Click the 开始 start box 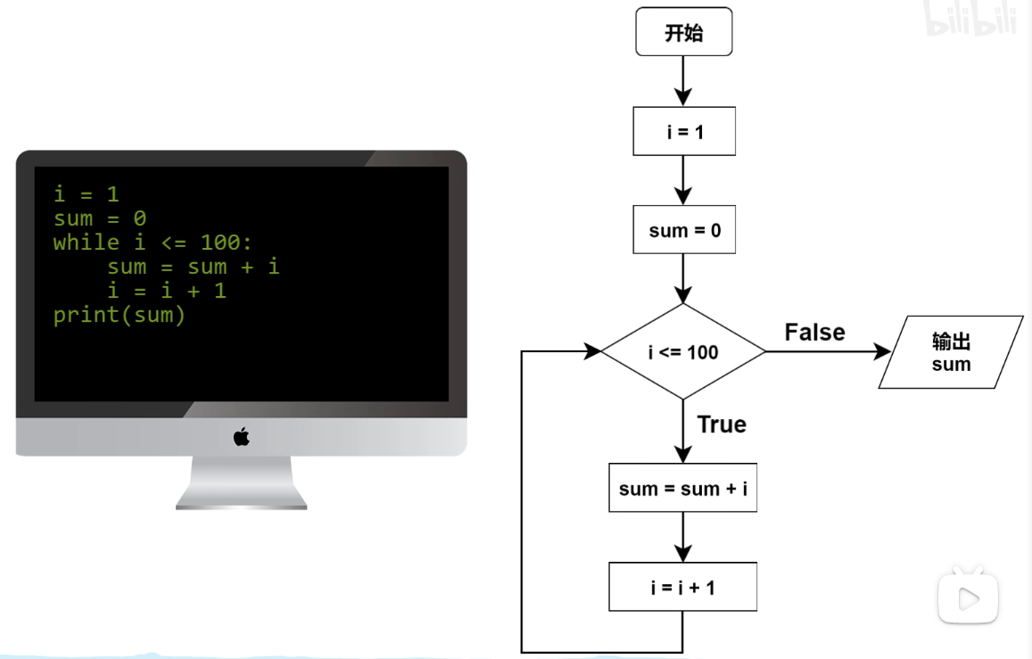click(683, 33)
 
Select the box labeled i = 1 click(684, 132)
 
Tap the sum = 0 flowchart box click(684, 230)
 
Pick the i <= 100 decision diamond click(683, 351)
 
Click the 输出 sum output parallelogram click(951, 352)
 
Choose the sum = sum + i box click(682, 488)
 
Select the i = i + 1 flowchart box click(682, 587)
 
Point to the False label click(814, 333)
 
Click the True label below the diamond click(722, 424)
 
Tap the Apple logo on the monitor click(242, 436)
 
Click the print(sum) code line click(119, 315)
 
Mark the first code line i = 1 click(87, 194)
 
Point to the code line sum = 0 click(100, 218)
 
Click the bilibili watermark click(970, 20)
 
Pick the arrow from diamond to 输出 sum click(827, 351)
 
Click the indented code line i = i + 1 click(167, 291)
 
